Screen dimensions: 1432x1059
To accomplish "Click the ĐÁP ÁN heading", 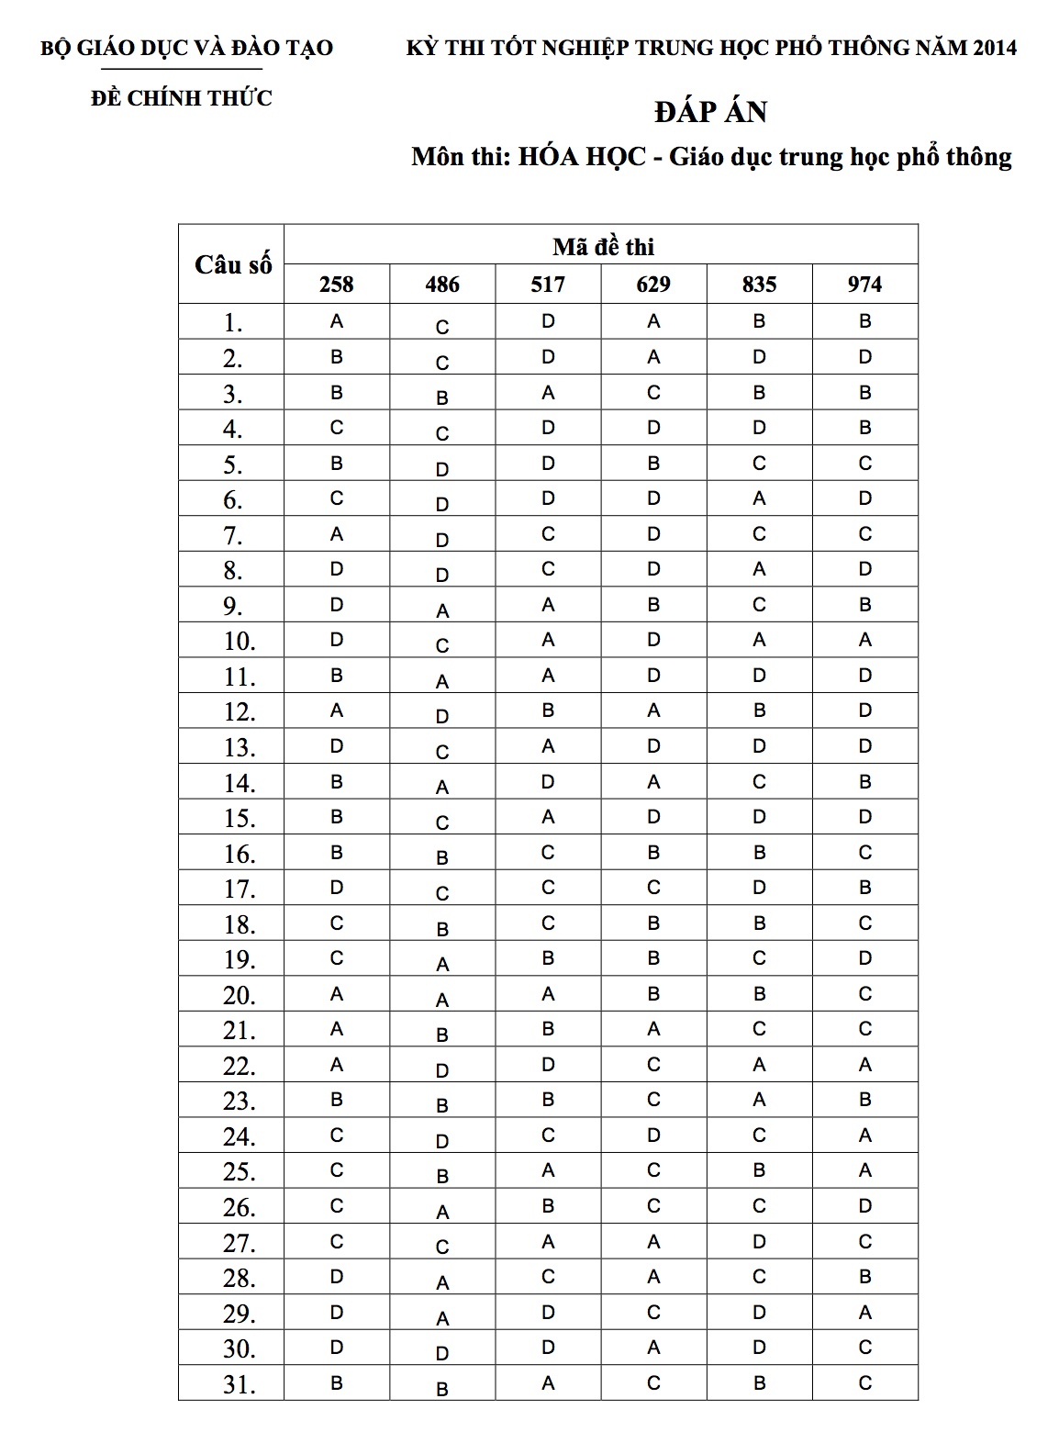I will point(711,112).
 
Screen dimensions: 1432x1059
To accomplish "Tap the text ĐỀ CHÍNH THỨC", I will point(182,98).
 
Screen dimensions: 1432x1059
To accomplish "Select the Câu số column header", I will point(233,264).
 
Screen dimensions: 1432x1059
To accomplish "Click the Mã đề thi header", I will point(603,246).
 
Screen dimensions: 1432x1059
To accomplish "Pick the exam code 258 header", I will point(337,285).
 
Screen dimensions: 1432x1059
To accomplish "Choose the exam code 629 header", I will point(653,285).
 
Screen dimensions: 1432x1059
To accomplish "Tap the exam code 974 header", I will point(864,285).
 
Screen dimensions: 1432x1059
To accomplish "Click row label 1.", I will point(232,323).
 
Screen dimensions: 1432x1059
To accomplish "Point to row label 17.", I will point(238,889).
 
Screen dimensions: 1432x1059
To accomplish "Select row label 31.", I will point(238,1384).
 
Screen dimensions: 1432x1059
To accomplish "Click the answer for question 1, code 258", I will point(337,321).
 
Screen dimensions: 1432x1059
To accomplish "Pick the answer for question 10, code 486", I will point(442,645).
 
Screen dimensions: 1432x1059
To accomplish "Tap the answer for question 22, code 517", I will point(548,1065).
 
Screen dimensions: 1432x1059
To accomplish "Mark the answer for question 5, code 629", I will point(653,464).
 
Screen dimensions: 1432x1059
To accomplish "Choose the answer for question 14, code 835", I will point(759,782).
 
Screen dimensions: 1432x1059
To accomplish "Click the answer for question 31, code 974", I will point(864,1382).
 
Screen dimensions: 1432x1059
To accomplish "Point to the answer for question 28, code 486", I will point(442,1282).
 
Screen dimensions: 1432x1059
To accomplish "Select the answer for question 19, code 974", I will point(864,958).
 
